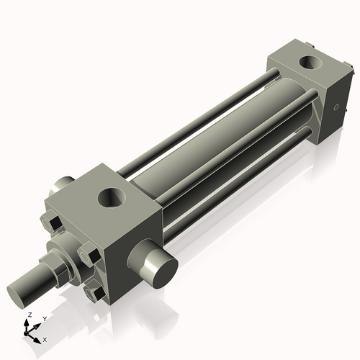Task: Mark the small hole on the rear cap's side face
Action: click(x=336, y=109)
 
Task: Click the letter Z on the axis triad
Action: click(x=28, y=315)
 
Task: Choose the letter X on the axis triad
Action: click(x=45, y=338)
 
